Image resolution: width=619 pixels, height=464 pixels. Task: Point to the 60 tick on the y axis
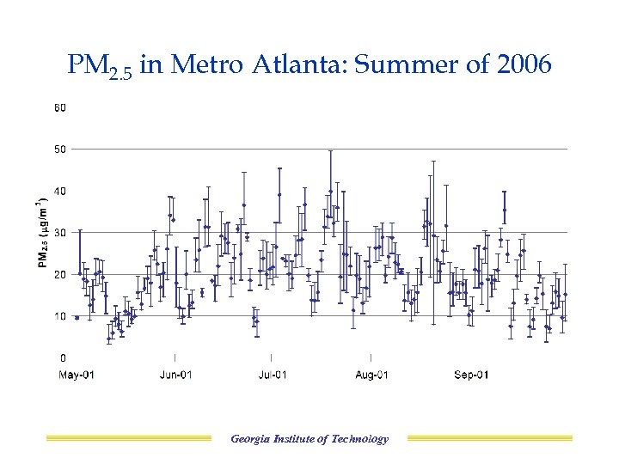(x=59, y=108)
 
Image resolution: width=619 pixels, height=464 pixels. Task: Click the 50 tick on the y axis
(x=59, y=150)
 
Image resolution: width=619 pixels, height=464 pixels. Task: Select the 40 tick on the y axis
(x=59, y=191)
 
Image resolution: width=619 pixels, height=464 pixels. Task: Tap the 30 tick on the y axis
(x=59, y=233)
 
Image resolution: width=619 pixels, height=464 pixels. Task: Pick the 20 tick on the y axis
(x=59, y=274)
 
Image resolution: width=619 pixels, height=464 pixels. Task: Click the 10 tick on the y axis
(x=59, y=316)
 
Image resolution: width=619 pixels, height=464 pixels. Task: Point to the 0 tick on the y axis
(x=62, y=357)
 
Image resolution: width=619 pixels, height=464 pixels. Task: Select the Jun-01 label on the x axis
(x=175, y=375)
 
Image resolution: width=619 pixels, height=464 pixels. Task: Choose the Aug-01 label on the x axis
(x=371, y=375)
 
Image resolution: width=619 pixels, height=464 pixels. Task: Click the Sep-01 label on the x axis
(x=471, y=375)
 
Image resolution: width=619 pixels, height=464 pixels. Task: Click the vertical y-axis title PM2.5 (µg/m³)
(x=42, y=233)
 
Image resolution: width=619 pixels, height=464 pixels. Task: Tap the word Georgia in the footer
(x=249, y=439)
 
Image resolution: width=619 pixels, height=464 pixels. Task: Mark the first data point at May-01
(x=77, y=317)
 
